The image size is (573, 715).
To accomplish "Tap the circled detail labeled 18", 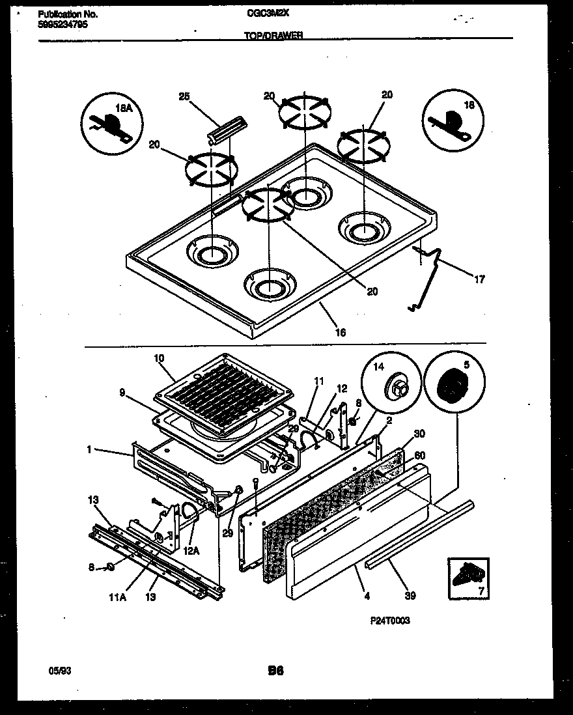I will point(453,120).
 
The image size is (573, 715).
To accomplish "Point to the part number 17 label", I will point(479,280).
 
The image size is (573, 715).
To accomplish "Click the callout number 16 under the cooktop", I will point(340,333).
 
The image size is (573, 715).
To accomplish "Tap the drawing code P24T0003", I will point(389,621).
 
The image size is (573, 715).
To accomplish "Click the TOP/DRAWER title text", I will point(273,37).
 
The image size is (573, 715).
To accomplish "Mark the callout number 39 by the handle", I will point(411,595).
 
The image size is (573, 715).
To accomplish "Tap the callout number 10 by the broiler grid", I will point(159,357).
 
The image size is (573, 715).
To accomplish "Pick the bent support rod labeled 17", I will point(430,273).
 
